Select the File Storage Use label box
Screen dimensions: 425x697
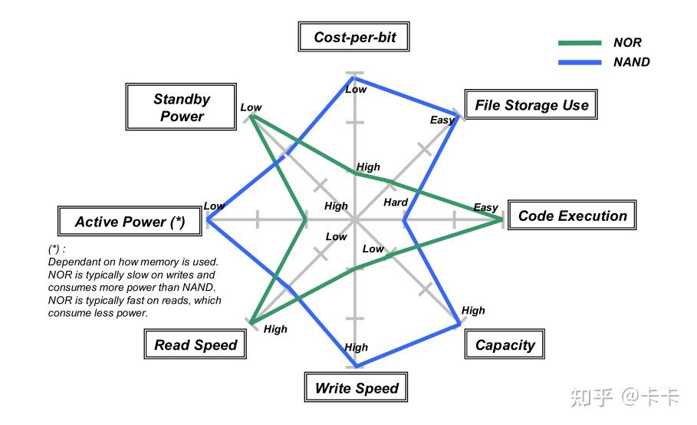coord(531,106)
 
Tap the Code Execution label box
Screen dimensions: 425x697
coord(572,216)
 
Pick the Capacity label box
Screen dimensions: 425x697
coord(505,345)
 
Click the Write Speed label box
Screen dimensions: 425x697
coord(357,388)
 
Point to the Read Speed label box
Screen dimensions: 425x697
coord(196,345)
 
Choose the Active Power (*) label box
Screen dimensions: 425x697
coord(130,222)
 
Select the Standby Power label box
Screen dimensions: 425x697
coord(181,108)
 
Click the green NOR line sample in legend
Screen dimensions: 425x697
coord(580,43)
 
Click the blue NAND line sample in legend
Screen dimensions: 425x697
coord(580,62)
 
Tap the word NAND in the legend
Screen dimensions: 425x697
coord(631,62)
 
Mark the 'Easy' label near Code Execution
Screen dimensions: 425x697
coord(485,207)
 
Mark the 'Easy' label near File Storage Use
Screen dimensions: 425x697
coord(442,120)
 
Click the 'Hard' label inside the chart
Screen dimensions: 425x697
coord(396,203)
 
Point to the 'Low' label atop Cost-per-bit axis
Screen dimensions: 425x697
coord(356,89)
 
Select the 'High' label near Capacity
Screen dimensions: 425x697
coord(473,311)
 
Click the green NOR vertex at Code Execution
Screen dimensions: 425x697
coord(503,220)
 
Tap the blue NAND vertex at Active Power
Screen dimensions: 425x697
coord(207,220)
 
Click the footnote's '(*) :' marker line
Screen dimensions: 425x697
coord(57,249)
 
